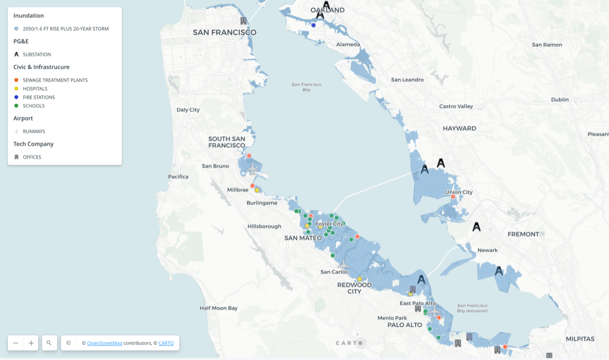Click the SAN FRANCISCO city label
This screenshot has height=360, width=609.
224,32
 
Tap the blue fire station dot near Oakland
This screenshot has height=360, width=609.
314,25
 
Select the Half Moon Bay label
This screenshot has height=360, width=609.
218,308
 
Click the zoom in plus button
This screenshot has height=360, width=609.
31,343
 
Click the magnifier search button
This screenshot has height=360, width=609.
49,343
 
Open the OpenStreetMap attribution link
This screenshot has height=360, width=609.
105,343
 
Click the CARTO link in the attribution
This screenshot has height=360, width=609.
166,343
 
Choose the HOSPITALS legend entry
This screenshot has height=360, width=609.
35,89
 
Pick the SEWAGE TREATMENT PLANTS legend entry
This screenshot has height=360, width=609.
55,80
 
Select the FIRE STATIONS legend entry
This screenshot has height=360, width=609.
39,97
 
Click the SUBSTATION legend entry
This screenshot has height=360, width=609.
37,54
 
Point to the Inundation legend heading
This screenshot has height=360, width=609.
28,16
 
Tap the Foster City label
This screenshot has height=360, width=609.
329,224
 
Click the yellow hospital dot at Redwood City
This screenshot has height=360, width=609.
359,279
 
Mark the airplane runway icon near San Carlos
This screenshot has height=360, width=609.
344,265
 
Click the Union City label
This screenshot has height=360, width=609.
458,192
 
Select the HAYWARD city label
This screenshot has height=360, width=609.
459,128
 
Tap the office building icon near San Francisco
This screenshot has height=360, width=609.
244,21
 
